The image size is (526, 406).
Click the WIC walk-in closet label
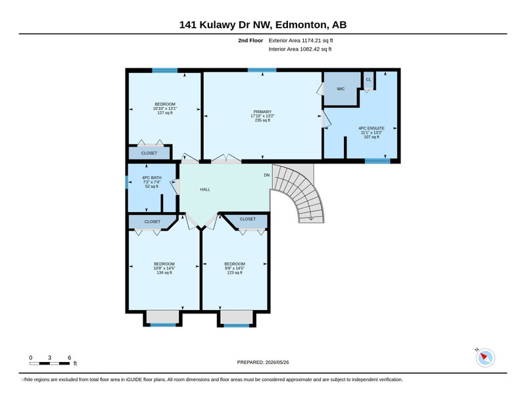pos(341,89)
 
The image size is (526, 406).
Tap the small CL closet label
pos(368,79)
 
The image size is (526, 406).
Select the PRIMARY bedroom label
pos(262,112)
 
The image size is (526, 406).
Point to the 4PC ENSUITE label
pos(371,128)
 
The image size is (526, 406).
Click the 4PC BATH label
pos(152,177)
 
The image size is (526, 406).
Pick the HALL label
pos(205,189)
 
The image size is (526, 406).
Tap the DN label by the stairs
pos(267,175)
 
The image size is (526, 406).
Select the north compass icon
pos(485,357)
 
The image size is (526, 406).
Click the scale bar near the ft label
pos(50,363)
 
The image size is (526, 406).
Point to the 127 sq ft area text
pos(165,113)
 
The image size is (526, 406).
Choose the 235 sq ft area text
pos(262,120)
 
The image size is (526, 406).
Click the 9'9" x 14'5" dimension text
pos(235,268)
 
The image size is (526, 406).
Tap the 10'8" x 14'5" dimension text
pos(164,268)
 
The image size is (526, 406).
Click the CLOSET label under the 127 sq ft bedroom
pos(149,153)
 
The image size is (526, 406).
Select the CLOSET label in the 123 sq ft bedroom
pos(248,219)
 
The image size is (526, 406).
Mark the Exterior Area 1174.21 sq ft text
pos(300,41)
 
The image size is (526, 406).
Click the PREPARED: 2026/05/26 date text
pos(263,363)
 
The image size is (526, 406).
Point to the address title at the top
pos(263,25)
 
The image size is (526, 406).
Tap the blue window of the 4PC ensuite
pos(377,161)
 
